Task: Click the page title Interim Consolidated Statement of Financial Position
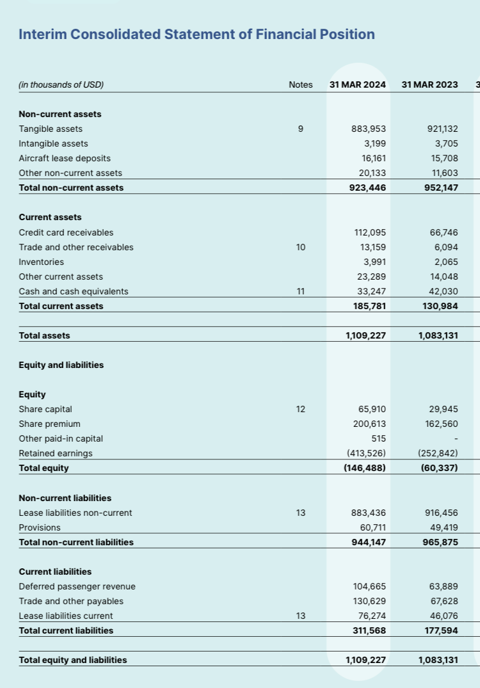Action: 196,35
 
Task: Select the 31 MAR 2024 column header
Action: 358,84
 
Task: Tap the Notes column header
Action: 301,84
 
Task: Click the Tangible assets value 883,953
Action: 369,129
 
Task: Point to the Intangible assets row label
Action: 54,143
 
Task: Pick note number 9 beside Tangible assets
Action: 301,129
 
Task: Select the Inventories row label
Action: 42,262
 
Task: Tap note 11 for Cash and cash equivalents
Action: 301,291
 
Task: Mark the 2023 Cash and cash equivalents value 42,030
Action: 442,291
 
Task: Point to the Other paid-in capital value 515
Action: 378,438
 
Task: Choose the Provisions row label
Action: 40,527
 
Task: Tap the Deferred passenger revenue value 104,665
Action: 369,586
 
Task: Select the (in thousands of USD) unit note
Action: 61,84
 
